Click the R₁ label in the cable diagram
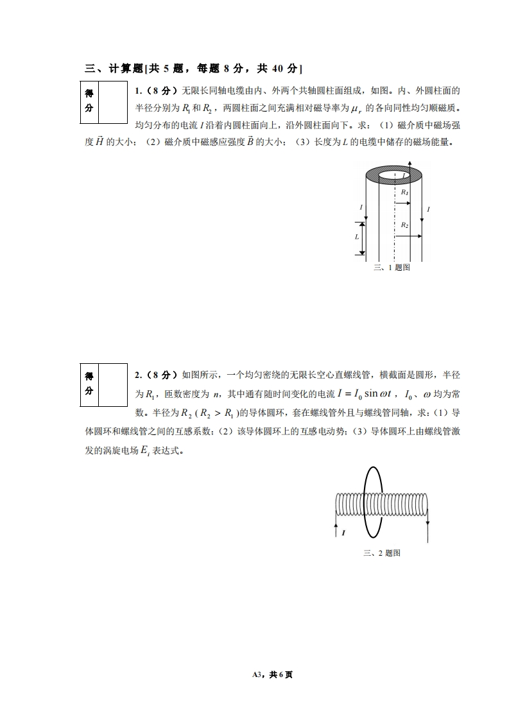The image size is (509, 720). (x=404, y=192)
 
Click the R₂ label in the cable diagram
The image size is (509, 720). (x=404, y=225)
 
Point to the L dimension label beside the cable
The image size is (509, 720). (x=357, y=237)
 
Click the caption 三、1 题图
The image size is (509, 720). (x=392, y=268)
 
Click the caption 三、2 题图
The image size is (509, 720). (x=382, y=553)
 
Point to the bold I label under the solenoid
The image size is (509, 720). (x=344, y=533)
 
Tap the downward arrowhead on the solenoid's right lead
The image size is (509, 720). (x=427, y=522)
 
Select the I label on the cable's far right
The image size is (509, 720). (x=428, y=210)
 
